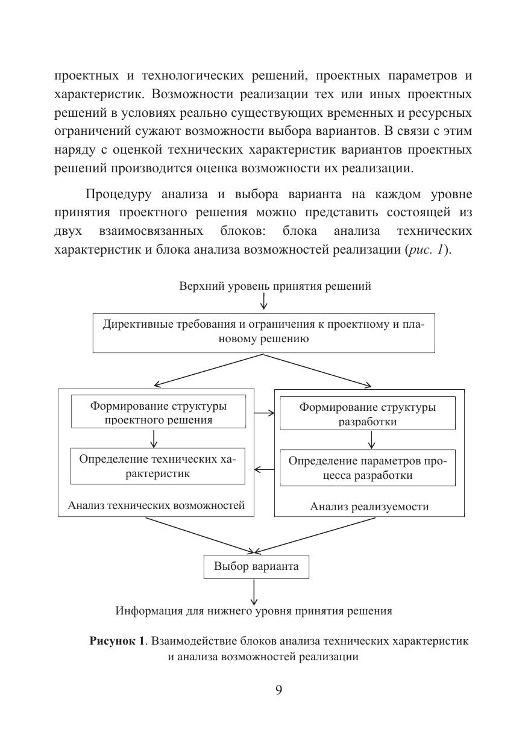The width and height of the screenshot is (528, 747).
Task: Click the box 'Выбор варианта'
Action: point(256,567)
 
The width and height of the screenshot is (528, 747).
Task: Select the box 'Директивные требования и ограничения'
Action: point(263,332)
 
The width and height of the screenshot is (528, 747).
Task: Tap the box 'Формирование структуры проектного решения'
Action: point(159,412)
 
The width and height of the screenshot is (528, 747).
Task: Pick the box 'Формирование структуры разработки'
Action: point(368,414)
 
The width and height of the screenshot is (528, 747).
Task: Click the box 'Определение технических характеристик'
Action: point(158,466)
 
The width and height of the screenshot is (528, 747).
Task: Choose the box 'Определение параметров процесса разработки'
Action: point(368,468)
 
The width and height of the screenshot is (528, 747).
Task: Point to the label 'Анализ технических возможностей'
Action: point(156,505)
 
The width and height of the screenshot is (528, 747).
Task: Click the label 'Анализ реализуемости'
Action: point(369,507)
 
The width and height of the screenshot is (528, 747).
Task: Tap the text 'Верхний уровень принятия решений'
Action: point(275,286)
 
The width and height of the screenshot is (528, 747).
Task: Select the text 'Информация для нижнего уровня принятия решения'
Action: point(254,611)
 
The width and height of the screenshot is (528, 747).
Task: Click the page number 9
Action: point(278,690)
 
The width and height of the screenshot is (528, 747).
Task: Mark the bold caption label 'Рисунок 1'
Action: point(118,641)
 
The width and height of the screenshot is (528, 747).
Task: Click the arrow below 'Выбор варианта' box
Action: point(254,592)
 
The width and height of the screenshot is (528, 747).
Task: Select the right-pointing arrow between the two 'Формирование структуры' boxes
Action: point(263,413)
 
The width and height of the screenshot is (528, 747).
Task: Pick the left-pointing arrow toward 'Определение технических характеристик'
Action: point(263,469)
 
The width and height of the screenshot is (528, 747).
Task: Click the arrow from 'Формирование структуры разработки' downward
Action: point(371,440)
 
